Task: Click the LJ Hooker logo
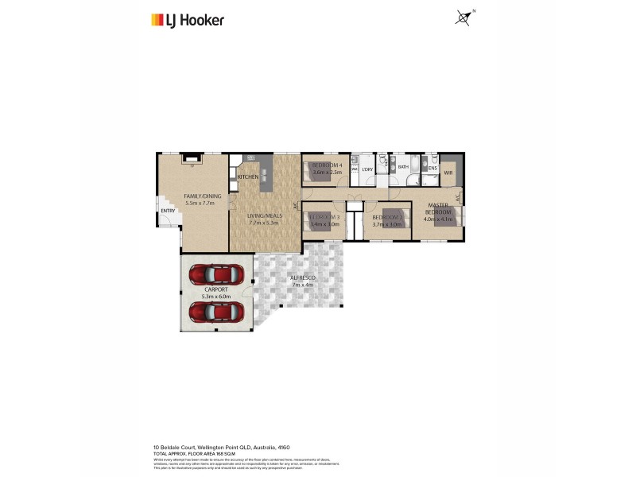pos(187,20)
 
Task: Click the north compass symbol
pos(463,17)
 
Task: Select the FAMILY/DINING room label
pos(202,196)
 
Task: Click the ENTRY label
pos(168,211)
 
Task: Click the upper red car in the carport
pos(215,273)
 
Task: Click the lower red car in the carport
pos(215,311)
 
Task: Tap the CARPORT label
pos(216,289)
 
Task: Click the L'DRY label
pos(367,169)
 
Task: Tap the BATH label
pos(403,167)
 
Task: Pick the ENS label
pos(432,168)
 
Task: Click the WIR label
pos(448,173)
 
